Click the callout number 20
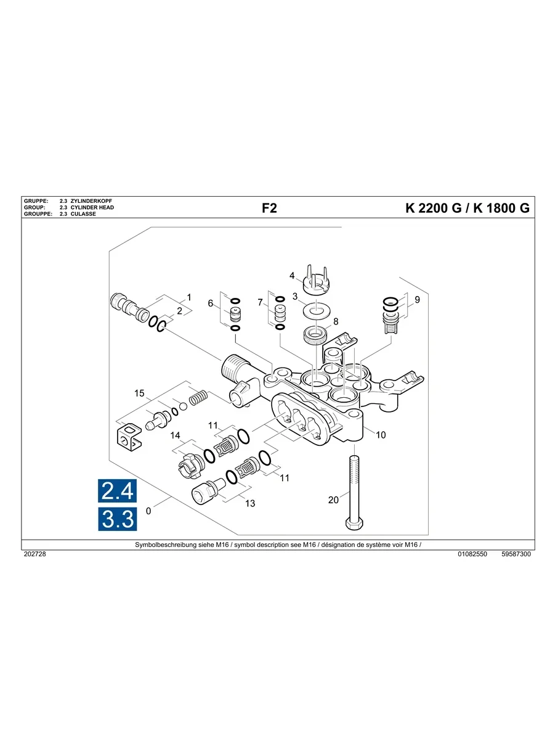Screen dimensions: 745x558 tap(333, 500)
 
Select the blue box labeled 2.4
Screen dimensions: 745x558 tap(118, 491)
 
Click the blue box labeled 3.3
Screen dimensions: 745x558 tap(118, 520)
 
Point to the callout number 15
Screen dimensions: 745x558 tap(140, 393)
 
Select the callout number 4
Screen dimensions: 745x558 tap(293, 275)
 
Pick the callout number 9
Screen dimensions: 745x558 tap(417, 300)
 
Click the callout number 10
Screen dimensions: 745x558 tap(381, 435)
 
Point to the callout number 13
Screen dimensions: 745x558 tap(250, 503)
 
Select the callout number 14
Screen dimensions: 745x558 tap(176, 435)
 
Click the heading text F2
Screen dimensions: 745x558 tap(269, 208)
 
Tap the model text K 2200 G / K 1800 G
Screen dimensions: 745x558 tap(467, 208)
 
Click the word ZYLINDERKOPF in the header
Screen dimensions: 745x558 tap(92, 202)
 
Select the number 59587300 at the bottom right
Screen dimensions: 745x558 tap(516, 554)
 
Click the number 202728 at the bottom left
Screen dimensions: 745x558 tap(34, 554)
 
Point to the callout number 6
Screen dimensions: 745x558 tap(211, 303)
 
